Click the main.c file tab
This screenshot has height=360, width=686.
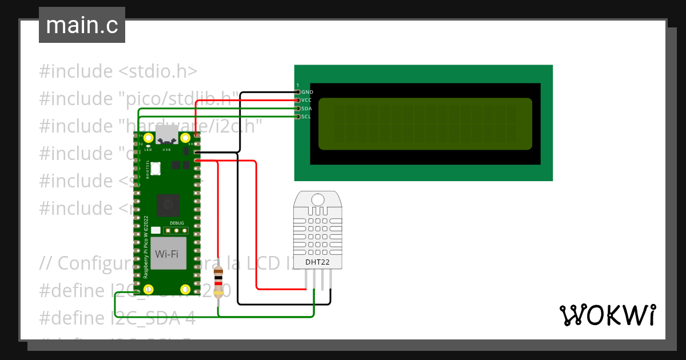pyautogui.click(x=82, y=26)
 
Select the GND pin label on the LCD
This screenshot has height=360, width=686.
pyautogui.click(x=307, y=92)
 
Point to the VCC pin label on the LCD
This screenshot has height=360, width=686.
pyautogui.click(x=307, y=100)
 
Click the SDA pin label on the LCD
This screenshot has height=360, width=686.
pyautogui.click(x=307, y=109)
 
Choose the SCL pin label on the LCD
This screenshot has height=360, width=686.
pyautogui.click(x=306, y=117)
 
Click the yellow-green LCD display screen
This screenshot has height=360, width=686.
pyautogui.click(x=425, y=124)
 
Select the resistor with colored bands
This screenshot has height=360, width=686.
pyautogui.click(x=218, y=283)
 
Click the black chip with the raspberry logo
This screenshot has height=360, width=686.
pyautogui.click(x=169, y=203)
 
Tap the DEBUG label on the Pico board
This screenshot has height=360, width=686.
pyautogui.click(x=177, y=222)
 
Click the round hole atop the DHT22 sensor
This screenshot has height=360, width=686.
pyautogui.click(x=318, y=199)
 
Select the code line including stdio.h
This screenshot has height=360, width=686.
pyautogui.click(x=118, y=71)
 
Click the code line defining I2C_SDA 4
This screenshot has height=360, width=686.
pyautogui.click(x=117, y=318)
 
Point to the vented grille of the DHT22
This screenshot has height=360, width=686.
pyautogui.click(x=318, y=234)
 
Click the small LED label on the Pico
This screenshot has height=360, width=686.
pyautogui.click(x=147, y=150)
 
